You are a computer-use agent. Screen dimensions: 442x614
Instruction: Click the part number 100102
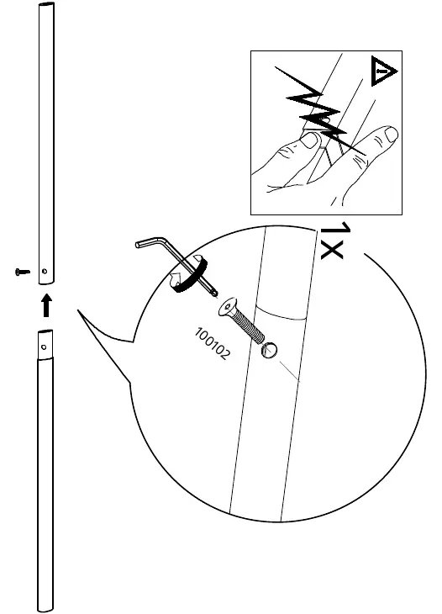point(213,343)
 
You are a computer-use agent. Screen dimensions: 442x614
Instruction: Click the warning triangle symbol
point(382,71)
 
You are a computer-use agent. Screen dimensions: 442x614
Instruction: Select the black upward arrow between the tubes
point(46,305)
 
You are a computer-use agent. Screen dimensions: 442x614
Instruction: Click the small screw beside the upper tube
point(23,272)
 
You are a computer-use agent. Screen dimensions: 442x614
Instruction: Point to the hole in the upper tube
point(45,271)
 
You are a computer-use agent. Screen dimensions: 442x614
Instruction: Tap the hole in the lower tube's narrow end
point(44,347)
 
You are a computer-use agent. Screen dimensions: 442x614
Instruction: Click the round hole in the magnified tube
point(270,351)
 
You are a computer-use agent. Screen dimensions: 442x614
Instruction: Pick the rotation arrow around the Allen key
point(187,273)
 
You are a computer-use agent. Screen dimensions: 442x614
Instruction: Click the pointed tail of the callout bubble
point(78,310)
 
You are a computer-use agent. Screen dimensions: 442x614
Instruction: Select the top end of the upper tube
point(46,4)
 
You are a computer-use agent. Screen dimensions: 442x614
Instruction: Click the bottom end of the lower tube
point(45,609)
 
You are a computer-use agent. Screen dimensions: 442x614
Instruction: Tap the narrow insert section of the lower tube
point(45,344)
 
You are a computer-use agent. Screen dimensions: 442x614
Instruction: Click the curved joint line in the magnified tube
point(281,313)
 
